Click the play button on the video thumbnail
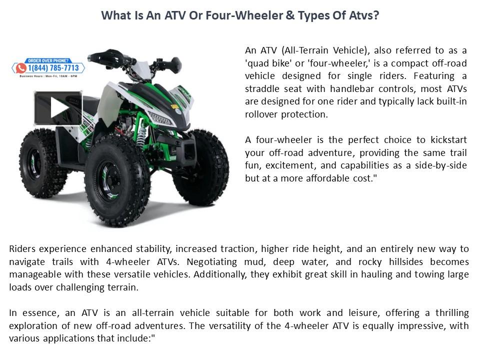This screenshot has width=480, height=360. (58, 108)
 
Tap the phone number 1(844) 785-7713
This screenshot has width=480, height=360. (53, 68)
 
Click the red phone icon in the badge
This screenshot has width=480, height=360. (21, 68)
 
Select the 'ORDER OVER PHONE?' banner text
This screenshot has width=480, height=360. (48, 60)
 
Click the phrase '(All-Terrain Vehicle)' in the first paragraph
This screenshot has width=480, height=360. (324, 50)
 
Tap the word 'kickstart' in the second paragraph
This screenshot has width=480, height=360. (448, 139)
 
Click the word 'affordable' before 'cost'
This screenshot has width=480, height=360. (328, 178)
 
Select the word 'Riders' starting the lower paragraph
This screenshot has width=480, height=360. (22, 248)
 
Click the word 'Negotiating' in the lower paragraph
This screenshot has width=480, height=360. (211, 262)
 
